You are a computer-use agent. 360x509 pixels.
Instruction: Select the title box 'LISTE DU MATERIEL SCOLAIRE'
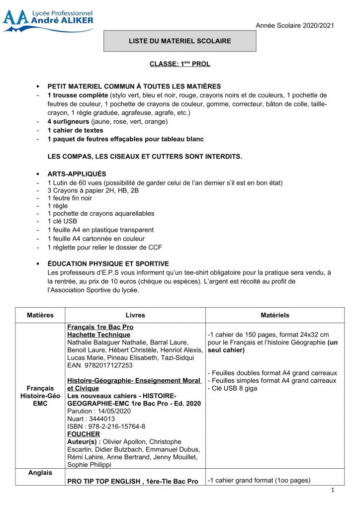coord(180,41)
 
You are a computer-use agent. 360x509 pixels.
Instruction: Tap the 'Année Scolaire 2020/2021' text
coord(295,25)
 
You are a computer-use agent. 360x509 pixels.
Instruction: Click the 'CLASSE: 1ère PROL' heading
coord(180,64)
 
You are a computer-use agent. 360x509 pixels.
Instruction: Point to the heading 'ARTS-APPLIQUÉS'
coord(77,174)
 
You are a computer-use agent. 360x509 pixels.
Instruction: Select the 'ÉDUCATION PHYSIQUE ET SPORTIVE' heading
coord(108,263)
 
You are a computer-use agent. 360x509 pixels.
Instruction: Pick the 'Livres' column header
coord(135,315)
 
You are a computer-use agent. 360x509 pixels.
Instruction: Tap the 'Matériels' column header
coord(274,315)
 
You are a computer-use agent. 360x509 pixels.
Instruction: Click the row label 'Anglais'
coord(40,473)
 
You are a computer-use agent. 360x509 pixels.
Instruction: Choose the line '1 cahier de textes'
coord(75,130)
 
